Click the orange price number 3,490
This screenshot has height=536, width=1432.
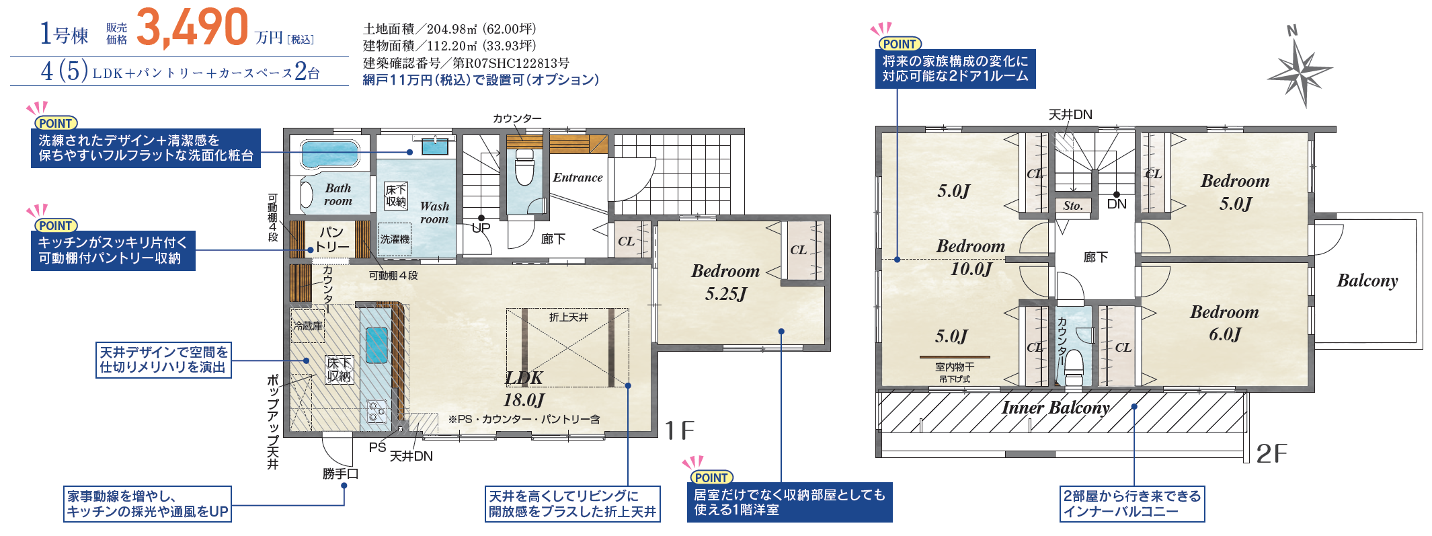(192, 28)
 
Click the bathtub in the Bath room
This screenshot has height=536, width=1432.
(329, 153)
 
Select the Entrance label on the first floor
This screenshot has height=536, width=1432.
(578, 178)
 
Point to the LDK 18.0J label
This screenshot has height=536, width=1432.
(524, 389)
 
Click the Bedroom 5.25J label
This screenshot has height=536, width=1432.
(725, 282)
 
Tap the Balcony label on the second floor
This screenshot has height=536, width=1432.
(1367, 280)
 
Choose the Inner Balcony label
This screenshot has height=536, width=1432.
(1056, 408)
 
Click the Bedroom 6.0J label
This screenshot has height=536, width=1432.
(1224, 323)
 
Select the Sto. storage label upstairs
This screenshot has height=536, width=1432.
(1073, 206)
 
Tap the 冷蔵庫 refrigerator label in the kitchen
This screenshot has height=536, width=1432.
(308, 326)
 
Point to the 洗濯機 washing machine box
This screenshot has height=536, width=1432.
(395, 239)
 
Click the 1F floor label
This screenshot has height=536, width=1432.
(680, 430)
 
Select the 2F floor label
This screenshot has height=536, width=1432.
(1272, 454)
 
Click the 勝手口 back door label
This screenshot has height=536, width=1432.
(340, 474)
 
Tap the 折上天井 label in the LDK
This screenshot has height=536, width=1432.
(569, 317)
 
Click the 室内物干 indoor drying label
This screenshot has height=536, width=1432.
(955, 367)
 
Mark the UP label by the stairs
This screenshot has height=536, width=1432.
(481, 227)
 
